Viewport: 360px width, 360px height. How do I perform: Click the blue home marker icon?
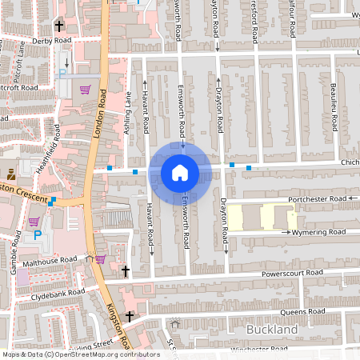coord(180,173)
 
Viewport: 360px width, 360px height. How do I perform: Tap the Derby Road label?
coord(52,39)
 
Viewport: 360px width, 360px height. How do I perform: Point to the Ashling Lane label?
coord(127,113)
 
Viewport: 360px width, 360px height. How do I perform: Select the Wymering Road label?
coord(318,232)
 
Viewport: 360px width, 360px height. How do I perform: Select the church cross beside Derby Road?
coord(58,26)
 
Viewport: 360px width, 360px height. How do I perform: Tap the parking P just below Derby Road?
coord(62,74)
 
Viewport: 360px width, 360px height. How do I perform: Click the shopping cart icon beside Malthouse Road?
coord(100,259)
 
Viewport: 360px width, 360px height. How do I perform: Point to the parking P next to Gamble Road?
coord(37,235)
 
